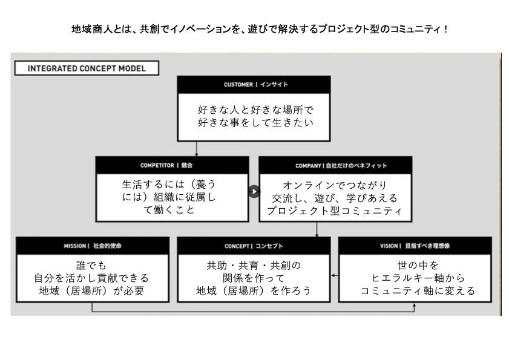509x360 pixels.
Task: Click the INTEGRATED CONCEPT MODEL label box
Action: pyautogui.click(x=87, y=68)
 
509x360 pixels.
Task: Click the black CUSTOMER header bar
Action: pyautogui.click(x=254, y=85)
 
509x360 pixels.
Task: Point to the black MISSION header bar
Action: pyautogui.click(x=92, y=246)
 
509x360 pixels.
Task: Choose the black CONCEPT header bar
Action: pyautogui.click(x=254, y=246)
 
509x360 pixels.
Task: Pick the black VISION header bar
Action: pyautogui.click(x=415, y=246)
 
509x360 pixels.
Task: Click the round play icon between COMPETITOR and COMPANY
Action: pyautogui.click(x=254, y=191)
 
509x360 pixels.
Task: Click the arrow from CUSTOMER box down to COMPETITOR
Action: pyautogui.click(x=197, y=149)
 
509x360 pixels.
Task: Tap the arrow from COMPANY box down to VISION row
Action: pyautogui.click(x=317, y=229)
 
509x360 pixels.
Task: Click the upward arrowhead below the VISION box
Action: pyautogui.click(x=414, y=306)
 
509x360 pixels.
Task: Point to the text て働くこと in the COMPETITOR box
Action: pyautogui.click(x=172, y=210)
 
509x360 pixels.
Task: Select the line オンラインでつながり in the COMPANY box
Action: pyautogui.click(x=335, y=185)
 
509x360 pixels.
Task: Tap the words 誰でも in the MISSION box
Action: pyautogui.click(x=92, y=265)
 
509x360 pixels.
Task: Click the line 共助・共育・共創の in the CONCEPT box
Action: pyautogui.click(x=254, y=265)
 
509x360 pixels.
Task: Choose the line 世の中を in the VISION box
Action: pyautogui.click(x=415, y=265)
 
